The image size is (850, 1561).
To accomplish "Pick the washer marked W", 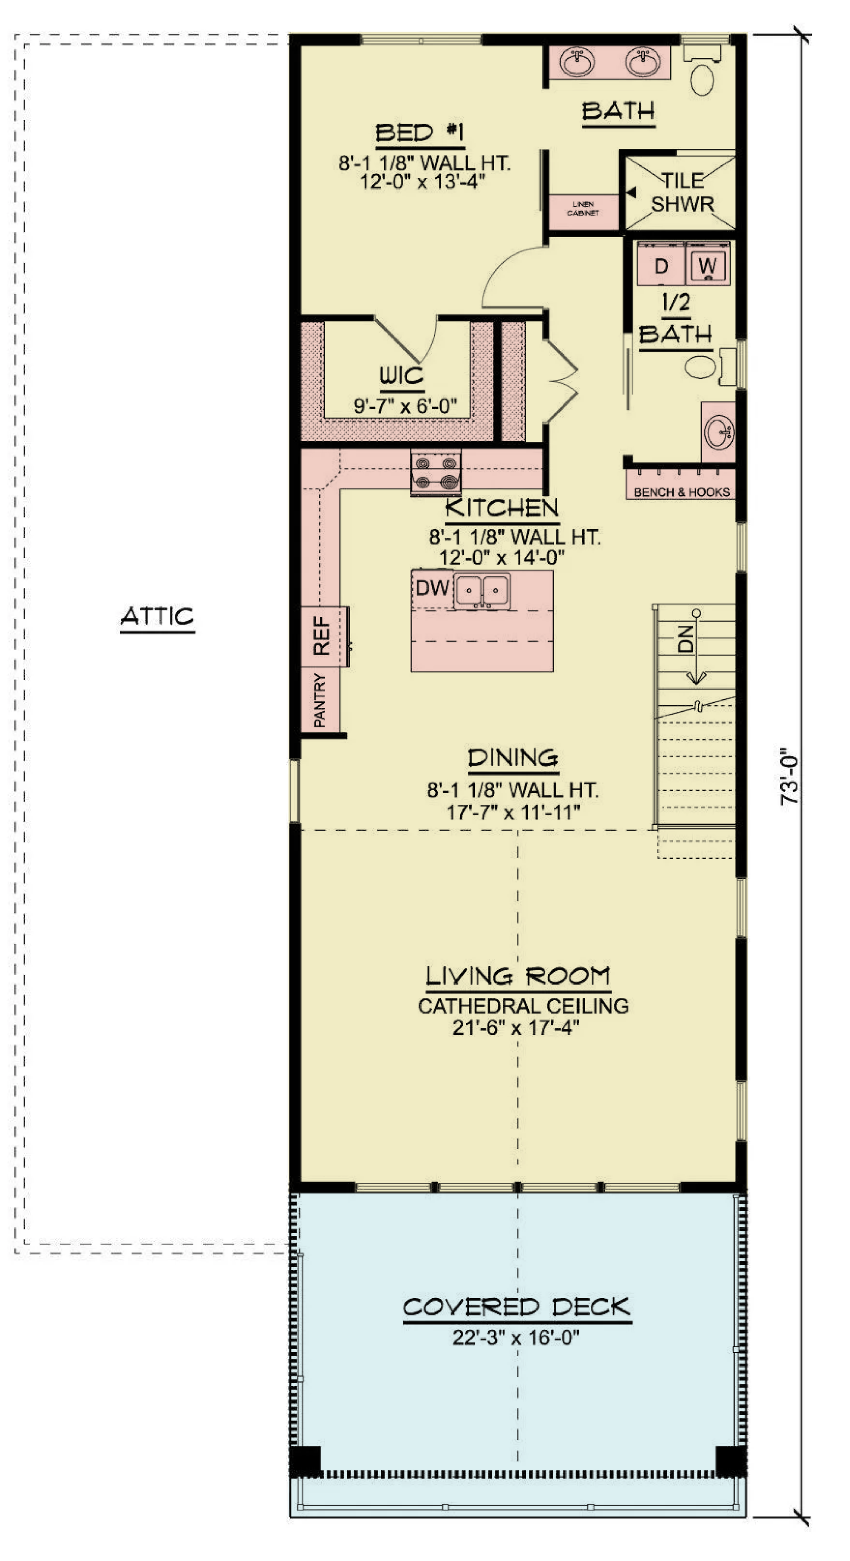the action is [x=708, y=264].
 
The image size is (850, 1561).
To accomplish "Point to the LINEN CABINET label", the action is [x=583, y=208].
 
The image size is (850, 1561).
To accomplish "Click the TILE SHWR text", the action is [x=682, y=192].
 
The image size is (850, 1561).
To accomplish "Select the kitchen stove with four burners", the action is [x=436, y=472].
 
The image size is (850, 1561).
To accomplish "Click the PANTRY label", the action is [x=319, y=700].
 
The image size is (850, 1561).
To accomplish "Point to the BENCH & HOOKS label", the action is [x=682, y=492].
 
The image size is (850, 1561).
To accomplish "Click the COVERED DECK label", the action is [x=517, y=1307].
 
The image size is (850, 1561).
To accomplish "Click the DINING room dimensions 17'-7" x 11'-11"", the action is [x=513, y=812].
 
